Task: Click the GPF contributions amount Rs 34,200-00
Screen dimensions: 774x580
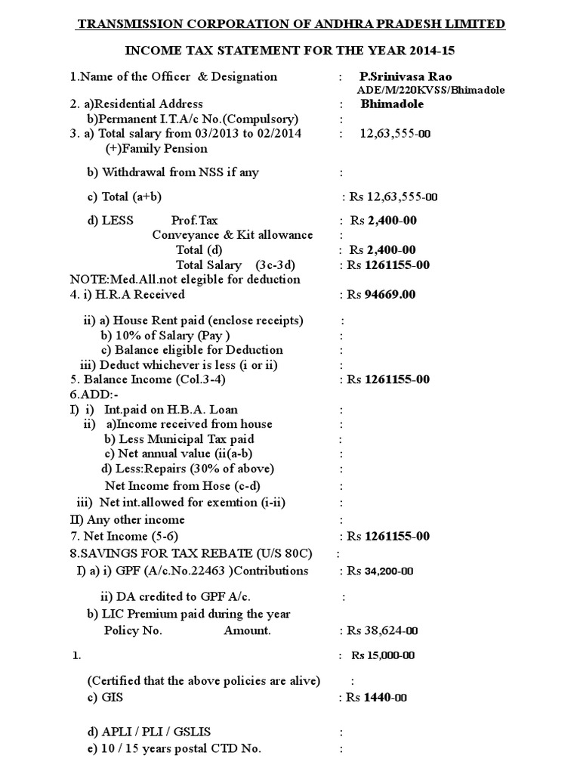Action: pos(387,571)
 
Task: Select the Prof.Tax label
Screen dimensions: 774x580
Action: pos(194,221)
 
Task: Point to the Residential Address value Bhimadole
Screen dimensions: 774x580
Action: pos(392,104)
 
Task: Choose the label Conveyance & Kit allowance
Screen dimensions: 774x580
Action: pos(233,235)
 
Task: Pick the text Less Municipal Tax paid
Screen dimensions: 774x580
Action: pos(179,439)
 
